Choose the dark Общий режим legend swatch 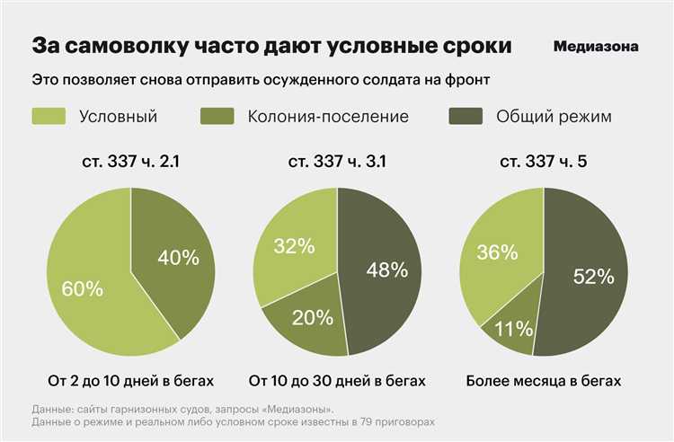[466, 116]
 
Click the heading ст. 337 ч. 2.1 [130, 162]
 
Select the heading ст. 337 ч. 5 [543, 162]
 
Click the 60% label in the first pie [82, 289]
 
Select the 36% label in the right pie [498, 253]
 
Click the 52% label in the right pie [592, 277]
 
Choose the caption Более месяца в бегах [543, 380]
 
